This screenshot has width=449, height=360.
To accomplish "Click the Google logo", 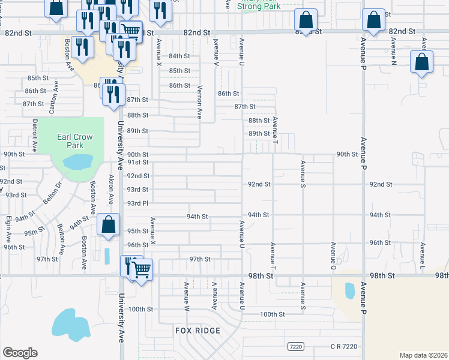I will [20, 353].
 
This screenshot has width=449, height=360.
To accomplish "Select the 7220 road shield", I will [295, 346].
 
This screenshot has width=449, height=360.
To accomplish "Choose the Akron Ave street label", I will [111, 190].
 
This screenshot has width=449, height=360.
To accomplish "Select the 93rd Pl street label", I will [137, 203].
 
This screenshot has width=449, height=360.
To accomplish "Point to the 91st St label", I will [137, 162].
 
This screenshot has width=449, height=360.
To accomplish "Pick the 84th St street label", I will [179, 56].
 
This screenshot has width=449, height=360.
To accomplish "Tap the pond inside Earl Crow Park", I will [77, 161].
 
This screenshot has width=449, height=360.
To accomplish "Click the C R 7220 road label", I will [344, 346].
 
